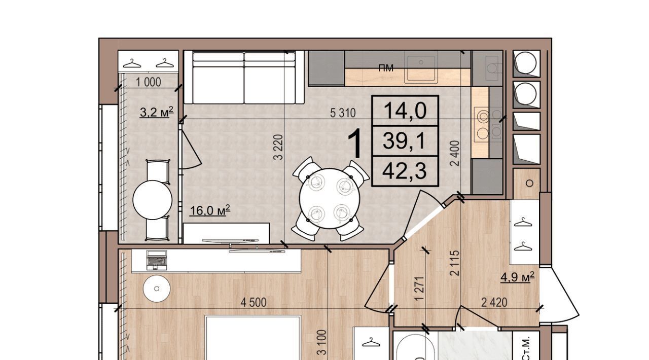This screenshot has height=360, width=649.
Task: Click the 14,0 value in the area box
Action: (x=405, y=111)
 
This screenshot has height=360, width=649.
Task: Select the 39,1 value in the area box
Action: (x=404, y=141)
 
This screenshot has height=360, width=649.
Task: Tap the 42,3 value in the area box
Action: (x=405, y=171)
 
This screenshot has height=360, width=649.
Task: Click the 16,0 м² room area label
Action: (x=210, y=210)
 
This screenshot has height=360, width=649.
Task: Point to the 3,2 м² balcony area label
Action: (x=157, y=112)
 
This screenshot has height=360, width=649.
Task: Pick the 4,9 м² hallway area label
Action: (x=518, y=277)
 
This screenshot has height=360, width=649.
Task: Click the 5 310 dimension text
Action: (x=343, y=113)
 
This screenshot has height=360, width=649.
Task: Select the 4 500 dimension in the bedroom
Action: (x=254, y=303)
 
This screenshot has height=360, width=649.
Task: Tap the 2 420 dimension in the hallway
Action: (x=494, y=303)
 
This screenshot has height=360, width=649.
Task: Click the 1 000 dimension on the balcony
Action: (x=149, y=82)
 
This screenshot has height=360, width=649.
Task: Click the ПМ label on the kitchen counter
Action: (x=386, y=68)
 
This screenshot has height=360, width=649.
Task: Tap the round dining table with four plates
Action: (x=330, y=198)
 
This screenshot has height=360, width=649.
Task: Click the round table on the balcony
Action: (x=153, y=200)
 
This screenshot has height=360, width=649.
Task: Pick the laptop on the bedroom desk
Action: (x=157, y=260)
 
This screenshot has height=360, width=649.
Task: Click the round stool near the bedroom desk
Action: (x=157, y=289)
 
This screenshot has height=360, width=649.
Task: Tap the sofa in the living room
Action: (x=244, y=77)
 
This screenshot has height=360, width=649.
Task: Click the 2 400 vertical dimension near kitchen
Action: (x=455, y=153)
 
